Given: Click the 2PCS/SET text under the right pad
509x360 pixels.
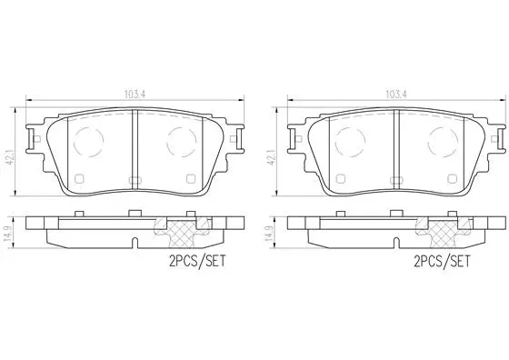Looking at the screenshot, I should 441,260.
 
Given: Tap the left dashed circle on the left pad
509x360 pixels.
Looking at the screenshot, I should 89,139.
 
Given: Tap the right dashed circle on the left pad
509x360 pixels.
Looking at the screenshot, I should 181,139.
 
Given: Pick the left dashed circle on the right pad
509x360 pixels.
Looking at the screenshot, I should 347,139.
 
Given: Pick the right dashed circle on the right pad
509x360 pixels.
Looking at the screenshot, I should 439,139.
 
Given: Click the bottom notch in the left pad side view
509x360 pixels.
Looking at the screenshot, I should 134,244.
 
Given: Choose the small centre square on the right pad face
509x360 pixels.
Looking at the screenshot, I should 393,179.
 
